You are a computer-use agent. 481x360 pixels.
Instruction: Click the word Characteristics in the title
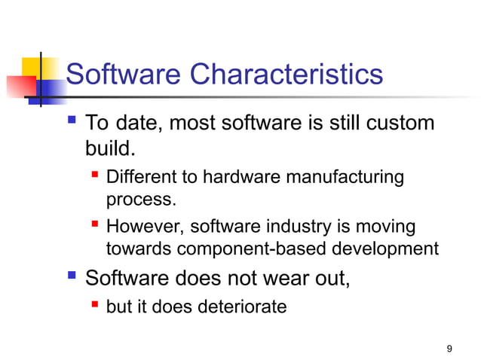286,75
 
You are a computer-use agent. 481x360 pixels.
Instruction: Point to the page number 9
449,348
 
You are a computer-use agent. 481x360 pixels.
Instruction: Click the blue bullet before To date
72,121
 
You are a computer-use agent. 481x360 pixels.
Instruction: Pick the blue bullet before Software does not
72,278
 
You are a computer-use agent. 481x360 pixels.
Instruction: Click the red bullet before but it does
95,306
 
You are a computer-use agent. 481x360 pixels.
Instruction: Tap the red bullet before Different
95,177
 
